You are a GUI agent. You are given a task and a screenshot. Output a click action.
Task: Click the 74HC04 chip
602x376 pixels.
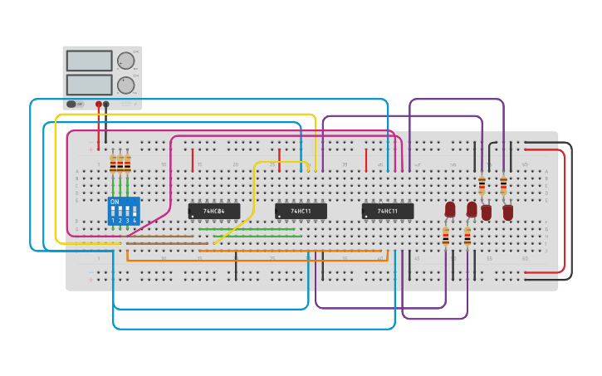214,211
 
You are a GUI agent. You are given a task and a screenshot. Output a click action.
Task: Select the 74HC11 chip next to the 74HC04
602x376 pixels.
301,211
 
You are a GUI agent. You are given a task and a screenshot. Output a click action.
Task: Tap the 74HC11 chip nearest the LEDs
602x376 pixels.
387,211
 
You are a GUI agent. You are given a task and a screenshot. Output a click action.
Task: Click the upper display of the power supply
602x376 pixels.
89,61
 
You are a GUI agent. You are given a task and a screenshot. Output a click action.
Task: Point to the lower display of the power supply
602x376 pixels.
89,85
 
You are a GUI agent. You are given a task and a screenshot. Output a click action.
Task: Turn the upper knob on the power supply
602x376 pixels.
125,61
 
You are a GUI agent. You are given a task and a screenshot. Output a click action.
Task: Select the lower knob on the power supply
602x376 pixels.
125,85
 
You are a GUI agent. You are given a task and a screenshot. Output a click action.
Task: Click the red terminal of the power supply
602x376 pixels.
99,105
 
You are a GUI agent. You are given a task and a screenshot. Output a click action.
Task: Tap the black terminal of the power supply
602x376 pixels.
106,105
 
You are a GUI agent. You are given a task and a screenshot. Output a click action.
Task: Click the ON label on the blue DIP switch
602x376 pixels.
115,202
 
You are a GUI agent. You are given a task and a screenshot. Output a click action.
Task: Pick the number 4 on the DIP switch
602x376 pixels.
135,221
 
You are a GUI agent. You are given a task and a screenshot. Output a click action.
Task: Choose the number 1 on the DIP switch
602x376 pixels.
113,221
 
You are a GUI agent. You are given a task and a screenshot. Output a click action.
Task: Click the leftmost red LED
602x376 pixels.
450,209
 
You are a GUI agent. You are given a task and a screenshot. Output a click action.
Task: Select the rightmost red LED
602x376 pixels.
507,212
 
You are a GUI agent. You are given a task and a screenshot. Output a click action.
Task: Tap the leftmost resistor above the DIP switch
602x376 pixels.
113,164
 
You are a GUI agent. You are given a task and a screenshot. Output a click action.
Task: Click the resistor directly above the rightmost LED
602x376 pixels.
503,184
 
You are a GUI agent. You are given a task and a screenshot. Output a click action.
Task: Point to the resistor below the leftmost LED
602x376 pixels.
446,237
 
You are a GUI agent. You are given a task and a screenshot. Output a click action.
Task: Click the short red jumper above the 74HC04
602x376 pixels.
193,159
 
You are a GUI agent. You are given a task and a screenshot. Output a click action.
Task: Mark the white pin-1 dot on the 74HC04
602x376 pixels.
193,217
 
